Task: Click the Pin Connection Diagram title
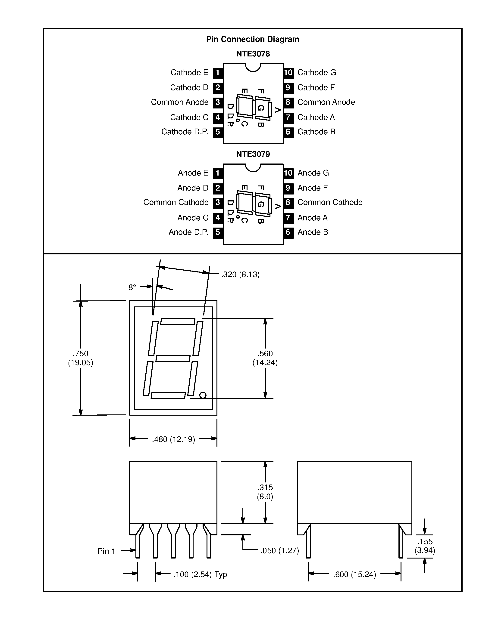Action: click(252, 39)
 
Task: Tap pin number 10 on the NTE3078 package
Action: click(288, 73)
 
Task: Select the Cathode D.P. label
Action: click(185, 132)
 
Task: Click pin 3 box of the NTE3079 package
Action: click(218, 202)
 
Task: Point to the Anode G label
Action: click(313, 173)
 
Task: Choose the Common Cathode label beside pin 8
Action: click(330, 202)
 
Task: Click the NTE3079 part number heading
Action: click(253, 154)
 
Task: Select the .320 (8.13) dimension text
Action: click(240, 275)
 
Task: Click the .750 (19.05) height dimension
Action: click(80, 358)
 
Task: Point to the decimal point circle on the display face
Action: click(203, 395)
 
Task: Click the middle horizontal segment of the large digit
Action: click(173, 358)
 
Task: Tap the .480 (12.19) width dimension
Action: click(173, 439)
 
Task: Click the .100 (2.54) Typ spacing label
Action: click(200, 574)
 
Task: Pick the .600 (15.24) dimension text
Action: click(354, 574)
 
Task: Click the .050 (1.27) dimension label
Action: click(280, 550)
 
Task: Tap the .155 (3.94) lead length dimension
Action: click(425, 546)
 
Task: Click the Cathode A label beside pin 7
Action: click(316, 117)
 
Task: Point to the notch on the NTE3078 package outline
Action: click(253, 68)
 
